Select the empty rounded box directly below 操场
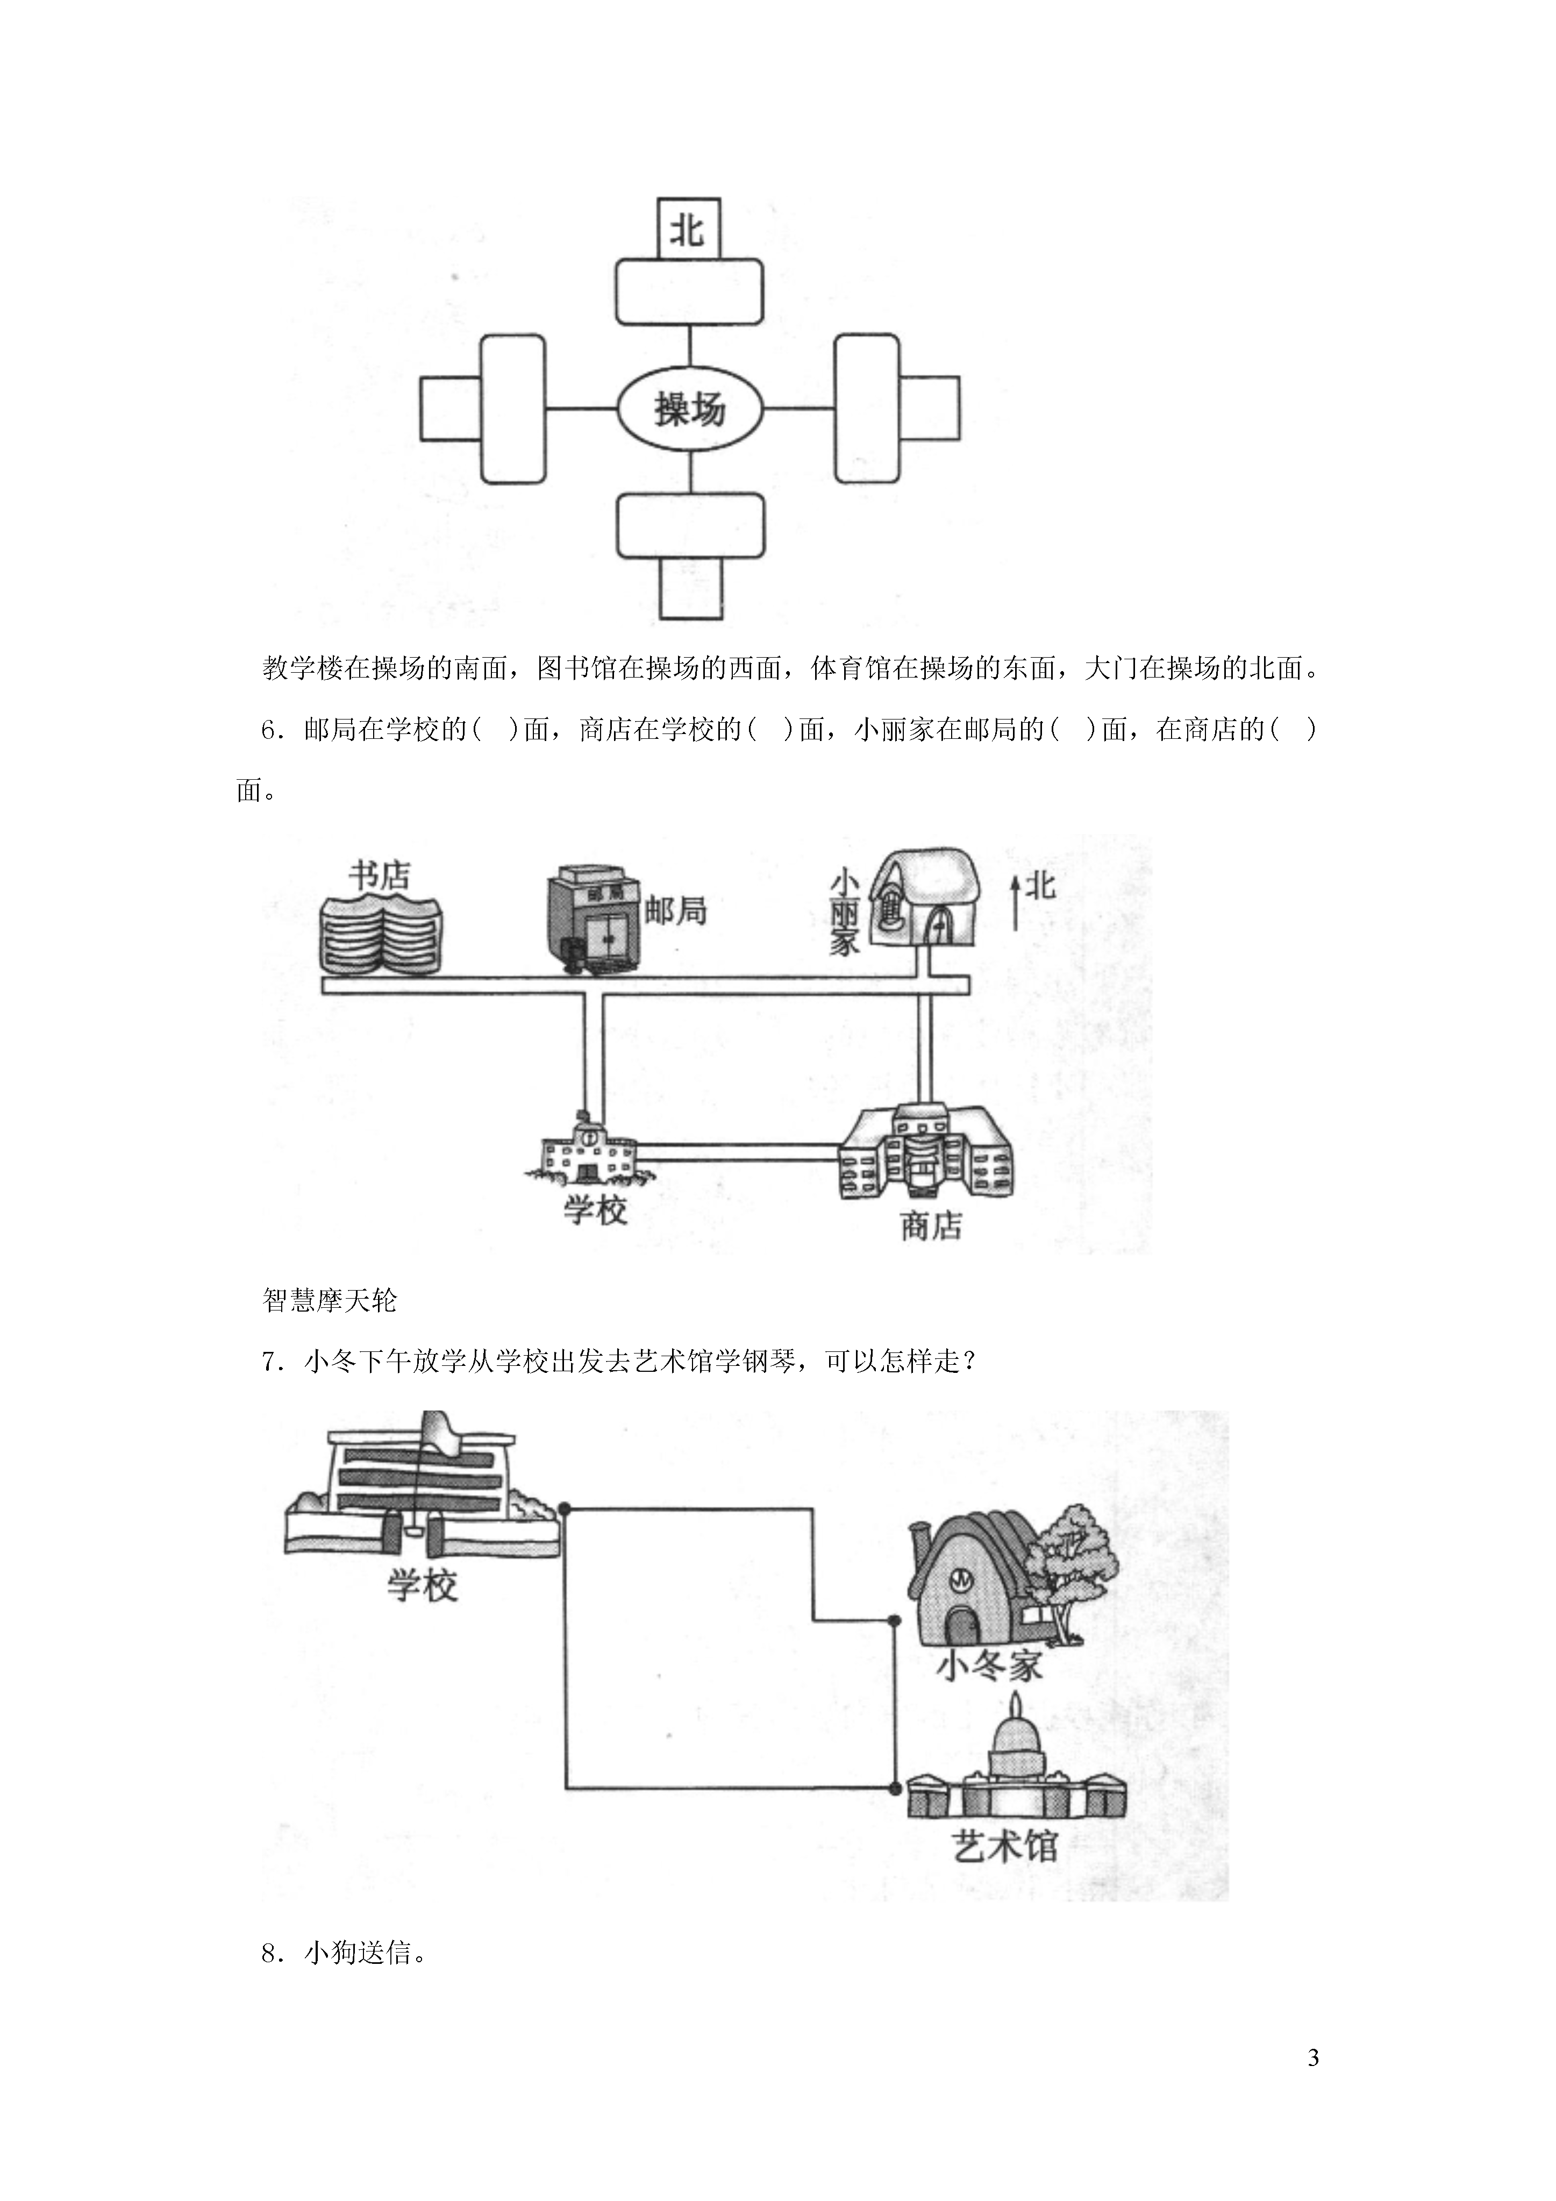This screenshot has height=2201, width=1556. [690, 525]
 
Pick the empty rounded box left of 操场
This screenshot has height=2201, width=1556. [513, 409]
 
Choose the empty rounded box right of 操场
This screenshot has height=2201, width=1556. [867, 409]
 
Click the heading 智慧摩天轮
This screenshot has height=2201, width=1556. [329, 1301]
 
